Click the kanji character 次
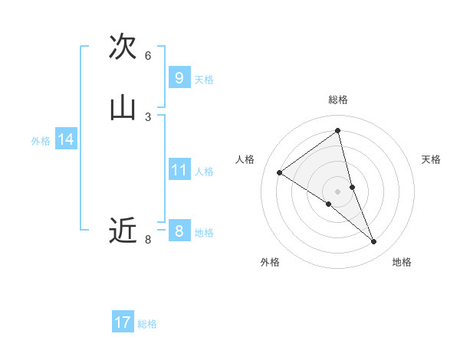(x=123, y=46)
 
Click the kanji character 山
(x=123, y=108)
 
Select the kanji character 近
(x=123, y=230)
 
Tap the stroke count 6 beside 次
(x=148, y=55)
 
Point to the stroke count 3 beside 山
(x=148, y=116)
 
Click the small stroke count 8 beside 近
(x=148, y=240)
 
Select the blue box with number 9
(x=179, y=77)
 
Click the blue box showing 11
(x=179, y=169)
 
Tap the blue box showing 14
(x=65, y=139)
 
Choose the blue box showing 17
(x=123, y=322)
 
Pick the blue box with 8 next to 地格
(x=179, y=231)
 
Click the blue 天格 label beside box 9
(x=204, y=80)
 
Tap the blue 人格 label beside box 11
(x=204, y=172)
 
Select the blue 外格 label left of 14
(x=41, y=141)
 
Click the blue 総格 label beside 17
(x=147, y=324)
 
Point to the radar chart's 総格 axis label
(x=338, y=100)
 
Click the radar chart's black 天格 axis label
(x=431, y=159)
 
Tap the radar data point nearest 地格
(x=374, y=242)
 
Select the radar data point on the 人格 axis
(x=280, y=172)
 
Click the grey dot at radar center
(x=338, y=191)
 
